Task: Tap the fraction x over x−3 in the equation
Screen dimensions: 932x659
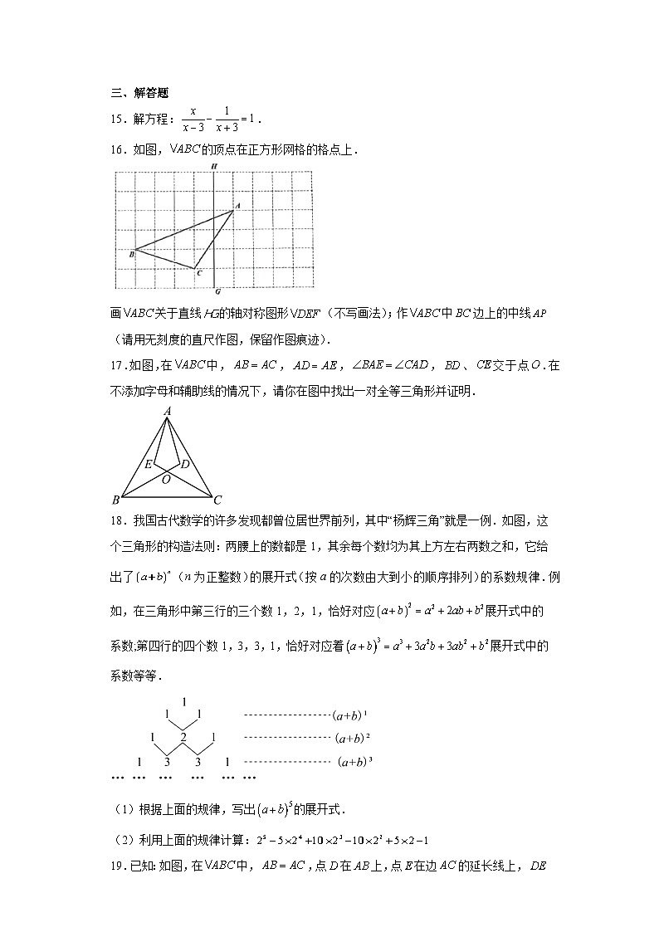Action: tap(193, 120)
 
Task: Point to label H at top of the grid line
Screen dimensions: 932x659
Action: tap(214, 166)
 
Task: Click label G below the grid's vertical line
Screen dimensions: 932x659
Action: tap(217, 292)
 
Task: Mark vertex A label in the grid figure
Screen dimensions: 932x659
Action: tap(237, 205)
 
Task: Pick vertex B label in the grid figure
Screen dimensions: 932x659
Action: tap(131, 254)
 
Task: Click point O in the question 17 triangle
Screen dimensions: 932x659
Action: tap(166, 479)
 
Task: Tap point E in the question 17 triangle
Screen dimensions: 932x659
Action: tap(148, 464)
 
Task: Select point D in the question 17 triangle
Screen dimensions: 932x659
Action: tap(185, 463)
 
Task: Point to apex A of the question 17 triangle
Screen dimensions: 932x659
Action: tap(167, 411)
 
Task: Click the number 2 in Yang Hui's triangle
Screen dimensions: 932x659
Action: tap(183, 738)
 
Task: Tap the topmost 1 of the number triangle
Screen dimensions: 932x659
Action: tap(183, 701)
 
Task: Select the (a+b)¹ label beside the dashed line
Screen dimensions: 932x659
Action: tap(349, 714)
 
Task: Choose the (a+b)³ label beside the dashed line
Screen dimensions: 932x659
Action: tap(354, 762)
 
